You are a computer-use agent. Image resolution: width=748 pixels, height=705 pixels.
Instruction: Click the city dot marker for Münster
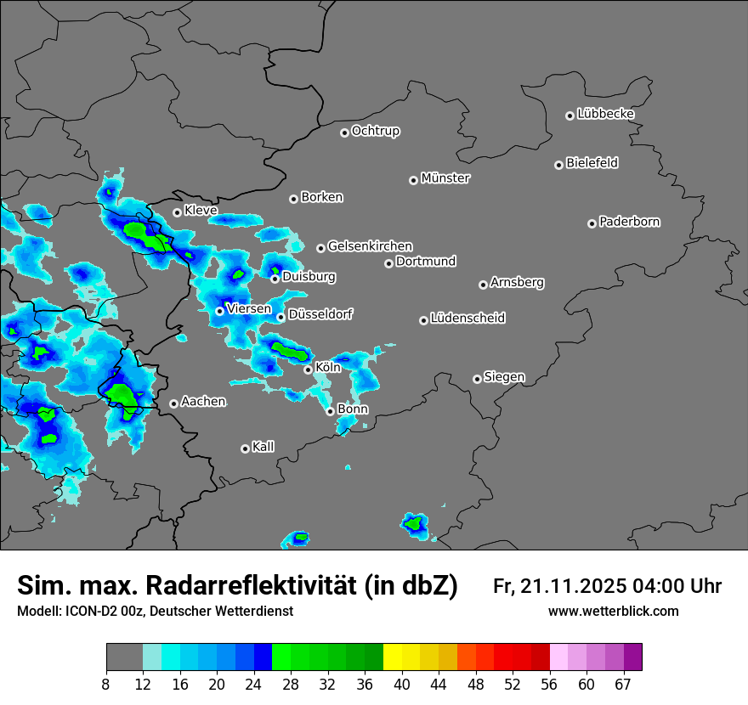pos(414,180)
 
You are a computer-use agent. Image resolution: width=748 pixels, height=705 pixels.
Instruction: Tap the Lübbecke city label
pos(605,114)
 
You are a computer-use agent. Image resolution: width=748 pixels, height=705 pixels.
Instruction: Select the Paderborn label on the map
pos(629,222)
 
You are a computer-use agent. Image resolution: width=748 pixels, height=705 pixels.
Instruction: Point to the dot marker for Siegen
pos(477,379)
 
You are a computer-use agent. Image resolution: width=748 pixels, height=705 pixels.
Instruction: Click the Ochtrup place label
pos(375,131)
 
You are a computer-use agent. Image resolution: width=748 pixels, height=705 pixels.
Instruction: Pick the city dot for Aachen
pos(173,403)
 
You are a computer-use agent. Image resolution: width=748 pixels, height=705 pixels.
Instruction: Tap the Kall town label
pos(263,447)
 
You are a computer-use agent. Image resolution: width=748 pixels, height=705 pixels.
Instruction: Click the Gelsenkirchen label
pos(370,246)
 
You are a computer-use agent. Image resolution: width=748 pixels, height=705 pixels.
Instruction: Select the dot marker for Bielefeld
pos(558,165)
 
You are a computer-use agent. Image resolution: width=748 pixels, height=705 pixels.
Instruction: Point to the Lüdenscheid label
pos(467,319)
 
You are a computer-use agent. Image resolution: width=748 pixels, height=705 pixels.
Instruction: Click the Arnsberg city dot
pos(483,285)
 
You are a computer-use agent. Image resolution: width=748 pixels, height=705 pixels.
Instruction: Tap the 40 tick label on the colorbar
pos(402,684)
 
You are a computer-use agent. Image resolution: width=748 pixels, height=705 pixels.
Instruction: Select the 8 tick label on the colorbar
pos(106,684)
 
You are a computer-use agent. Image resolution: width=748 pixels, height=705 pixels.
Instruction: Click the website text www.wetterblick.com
pos(613,612)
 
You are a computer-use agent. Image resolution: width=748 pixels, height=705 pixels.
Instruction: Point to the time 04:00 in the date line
pos(660,586)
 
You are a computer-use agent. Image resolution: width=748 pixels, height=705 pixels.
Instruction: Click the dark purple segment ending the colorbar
pos(633,657)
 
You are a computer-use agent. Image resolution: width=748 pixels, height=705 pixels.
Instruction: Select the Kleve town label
pos(201,210)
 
